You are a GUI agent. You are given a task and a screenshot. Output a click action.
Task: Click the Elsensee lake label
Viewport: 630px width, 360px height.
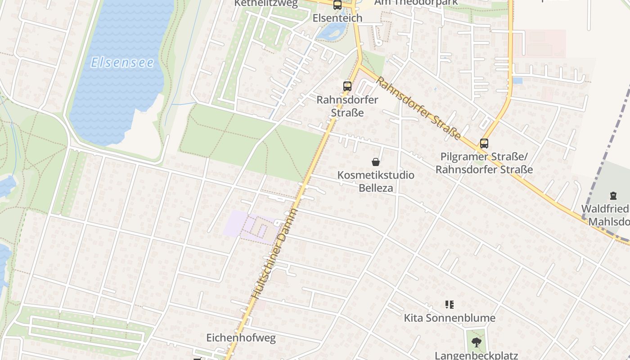(122, 62)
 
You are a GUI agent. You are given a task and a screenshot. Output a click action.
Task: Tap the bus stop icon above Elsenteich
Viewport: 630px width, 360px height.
(337, 5)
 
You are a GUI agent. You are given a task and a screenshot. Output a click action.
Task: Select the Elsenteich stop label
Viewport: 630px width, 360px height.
(337, 18)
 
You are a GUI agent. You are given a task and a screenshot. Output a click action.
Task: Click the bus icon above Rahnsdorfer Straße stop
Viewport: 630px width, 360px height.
(347, 86)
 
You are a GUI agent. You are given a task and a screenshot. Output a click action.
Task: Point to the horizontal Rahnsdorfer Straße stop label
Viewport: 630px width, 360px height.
(347, 106)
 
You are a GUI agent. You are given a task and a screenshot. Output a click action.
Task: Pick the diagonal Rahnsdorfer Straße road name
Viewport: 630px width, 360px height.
(418, 108)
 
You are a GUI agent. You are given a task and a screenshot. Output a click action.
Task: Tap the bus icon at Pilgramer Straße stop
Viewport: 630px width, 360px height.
(484, 144)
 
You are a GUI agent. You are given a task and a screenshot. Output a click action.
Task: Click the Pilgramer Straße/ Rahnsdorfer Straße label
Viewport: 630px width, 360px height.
(484, 163)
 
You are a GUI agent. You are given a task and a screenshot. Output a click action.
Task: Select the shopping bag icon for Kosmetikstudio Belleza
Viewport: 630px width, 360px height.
(376, 162)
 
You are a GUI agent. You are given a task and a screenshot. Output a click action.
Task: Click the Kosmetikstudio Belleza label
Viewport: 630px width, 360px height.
(376, 181)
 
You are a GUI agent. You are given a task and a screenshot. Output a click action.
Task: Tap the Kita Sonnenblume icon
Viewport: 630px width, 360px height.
(449, 305)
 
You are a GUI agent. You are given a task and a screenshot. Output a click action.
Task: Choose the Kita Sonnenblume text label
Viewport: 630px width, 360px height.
(449, 318)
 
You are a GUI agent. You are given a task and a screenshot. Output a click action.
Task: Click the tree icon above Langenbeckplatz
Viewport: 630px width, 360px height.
(476, 342)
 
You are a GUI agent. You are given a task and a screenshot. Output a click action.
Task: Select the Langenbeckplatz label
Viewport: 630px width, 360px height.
(476, 355)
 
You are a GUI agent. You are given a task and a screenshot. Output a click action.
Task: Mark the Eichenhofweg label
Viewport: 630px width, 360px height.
(241, 337)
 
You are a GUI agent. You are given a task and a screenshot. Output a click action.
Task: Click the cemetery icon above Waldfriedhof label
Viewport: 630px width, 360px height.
(613, 196)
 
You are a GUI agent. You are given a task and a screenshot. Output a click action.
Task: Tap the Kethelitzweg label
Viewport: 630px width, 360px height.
(266, 4)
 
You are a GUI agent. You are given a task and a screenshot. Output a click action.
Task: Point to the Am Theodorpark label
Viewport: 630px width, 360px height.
(416, 2)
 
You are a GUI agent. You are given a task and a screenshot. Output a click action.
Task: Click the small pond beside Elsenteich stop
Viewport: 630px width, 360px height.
(332, 31)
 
